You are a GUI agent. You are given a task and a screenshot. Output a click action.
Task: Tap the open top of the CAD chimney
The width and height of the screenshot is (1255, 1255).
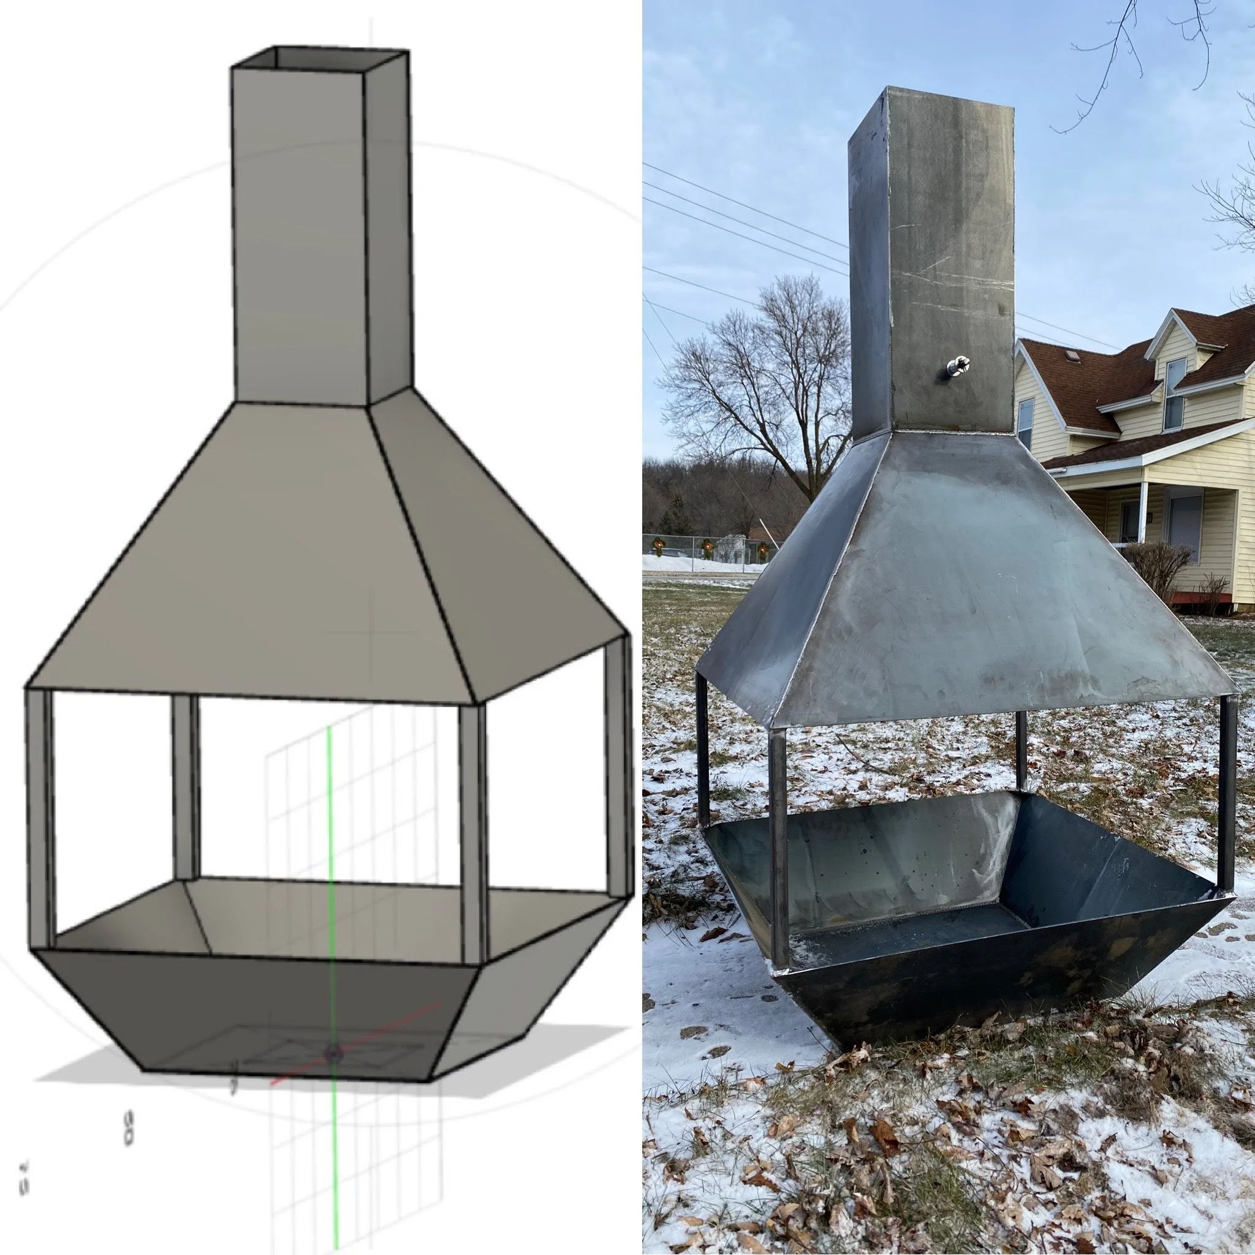point(320,58)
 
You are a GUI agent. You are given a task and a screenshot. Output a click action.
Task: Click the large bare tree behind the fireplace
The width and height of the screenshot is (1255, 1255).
point(773,390)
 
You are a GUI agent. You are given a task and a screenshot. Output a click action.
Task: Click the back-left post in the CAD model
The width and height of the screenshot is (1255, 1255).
point(184,786)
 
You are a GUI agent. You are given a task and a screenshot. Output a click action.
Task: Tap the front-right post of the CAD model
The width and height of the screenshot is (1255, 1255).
point(472,832)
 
